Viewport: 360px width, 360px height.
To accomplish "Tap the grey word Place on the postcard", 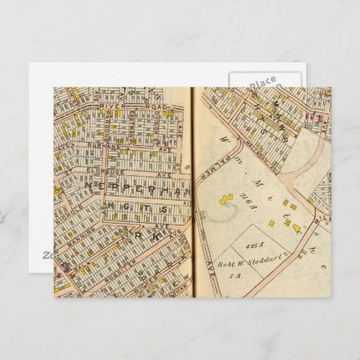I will point(262,82).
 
